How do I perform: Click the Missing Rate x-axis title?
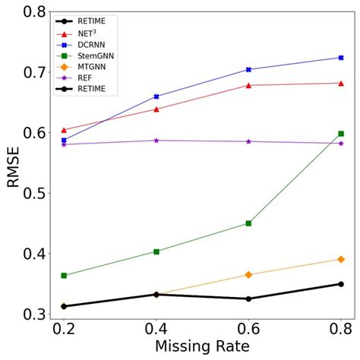click(x=202, y=346)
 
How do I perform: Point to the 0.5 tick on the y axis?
click(x=36, y=193)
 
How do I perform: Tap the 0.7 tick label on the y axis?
click(x=36, y=71)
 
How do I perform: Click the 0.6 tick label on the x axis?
click(x=248, y=328)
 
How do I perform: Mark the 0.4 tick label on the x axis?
click(x=156, y=328)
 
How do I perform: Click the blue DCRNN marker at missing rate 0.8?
click(x=341, y=58)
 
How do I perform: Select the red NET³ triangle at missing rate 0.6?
click(x=248, y=85)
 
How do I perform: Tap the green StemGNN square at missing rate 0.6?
click(x=248, y=223)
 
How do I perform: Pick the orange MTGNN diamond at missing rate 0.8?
click(x=341, y=259)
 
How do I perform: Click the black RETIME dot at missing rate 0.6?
click(x=248, y=298)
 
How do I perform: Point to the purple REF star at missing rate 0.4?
click(x=156, y=140)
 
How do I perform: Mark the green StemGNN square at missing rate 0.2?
click(x=64, y=275)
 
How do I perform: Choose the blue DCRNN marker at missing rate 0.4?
click(x=156, y=96)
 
